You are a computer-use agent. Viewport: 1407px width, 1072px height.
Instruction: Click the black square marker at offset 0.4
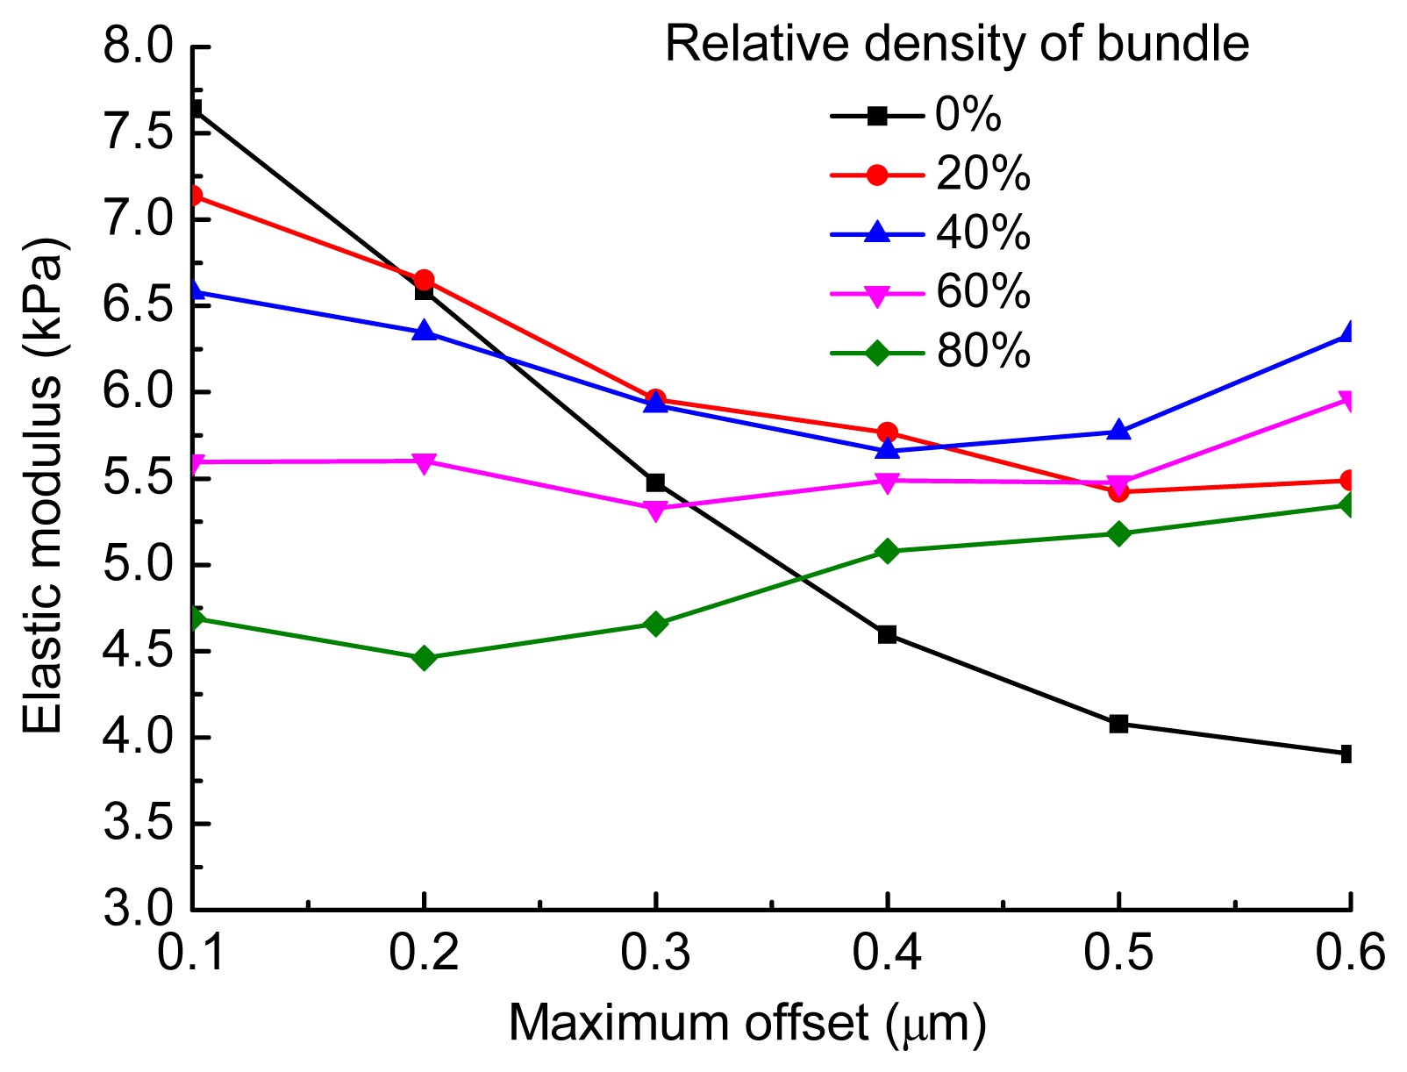click(887, 634)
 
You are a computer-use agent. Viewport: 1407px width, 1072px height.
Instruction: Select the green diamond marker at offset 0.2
click(425, 658)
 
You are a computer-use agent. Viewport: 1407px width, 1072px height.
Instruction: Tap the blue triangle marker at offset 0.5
click(1118, 431)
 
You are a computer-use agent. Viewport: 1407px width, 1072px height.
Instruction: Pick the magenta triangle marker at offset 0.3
click(655, 510)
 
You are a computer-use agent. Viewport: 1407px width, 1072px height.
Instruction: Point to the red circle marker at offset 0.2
click(424, 280)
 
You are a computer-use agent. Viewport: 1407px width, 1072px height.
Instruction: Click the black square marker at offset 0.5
click(1118, 724)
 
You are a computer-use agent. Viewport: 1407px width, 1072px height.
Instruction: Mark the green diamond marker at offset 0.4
click(887, 551)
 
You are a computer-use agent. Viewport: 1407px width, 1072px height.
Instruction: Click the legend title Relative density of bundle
click(957, 43)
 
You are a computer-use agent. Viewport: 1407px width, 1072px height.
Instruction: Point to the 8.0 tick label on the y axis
click(139, 46)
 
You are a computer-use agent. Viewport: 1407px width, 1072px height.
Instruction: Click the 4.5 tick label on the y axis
click(139, 651)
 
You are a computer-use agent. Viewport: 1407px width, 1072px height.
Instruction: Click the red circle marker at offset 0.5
click(1118, 492)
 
